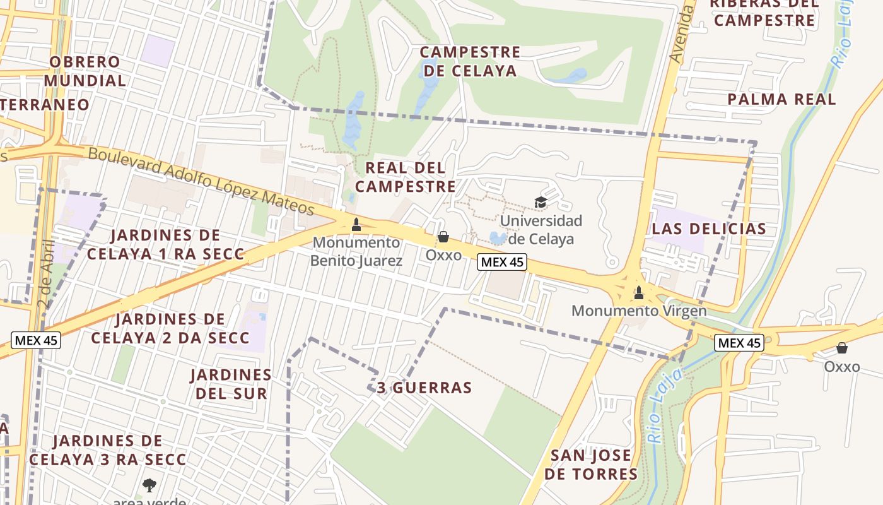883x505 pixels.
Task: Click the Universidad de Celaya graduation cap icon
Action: [541, 202]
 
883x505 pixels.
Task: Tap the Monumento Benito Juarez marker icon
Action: [356, 224]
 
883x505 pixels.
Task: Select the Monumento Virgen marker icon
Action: [639, 292]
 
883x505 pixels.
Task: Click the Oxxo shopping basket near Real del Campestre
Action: [443, 237]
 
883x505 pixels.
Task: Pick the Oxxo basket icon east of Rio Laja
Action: [842, 348]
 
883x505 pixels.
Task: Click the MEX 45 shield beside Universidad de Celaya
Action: [501, 262]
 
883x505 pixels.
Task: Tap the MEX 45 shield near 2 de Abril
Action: [36, 340]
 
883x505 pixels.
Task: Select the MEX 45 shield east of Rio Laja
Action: [739, 343]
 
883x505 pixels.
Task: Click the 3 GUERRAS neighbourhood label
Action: [424, 388]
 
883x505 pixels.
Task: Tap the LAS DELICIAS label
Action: [709, 229]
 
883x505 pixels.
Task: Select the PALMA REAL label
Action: [781, 99]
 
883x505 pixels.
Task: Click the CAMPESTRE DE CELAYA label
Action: [470, 61]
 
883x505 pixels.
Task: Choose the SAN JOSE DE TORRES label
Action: [590, 465]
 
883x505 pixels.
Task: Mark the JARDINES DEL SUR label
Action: [231, 384]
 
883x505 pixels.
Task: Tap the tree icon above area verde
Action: [149, 485]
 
